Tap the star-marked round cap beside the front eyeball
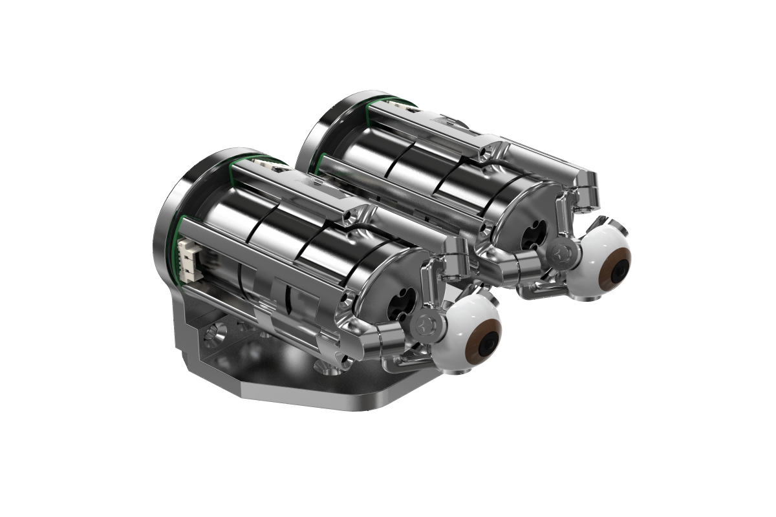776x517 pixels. point(427,325)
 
